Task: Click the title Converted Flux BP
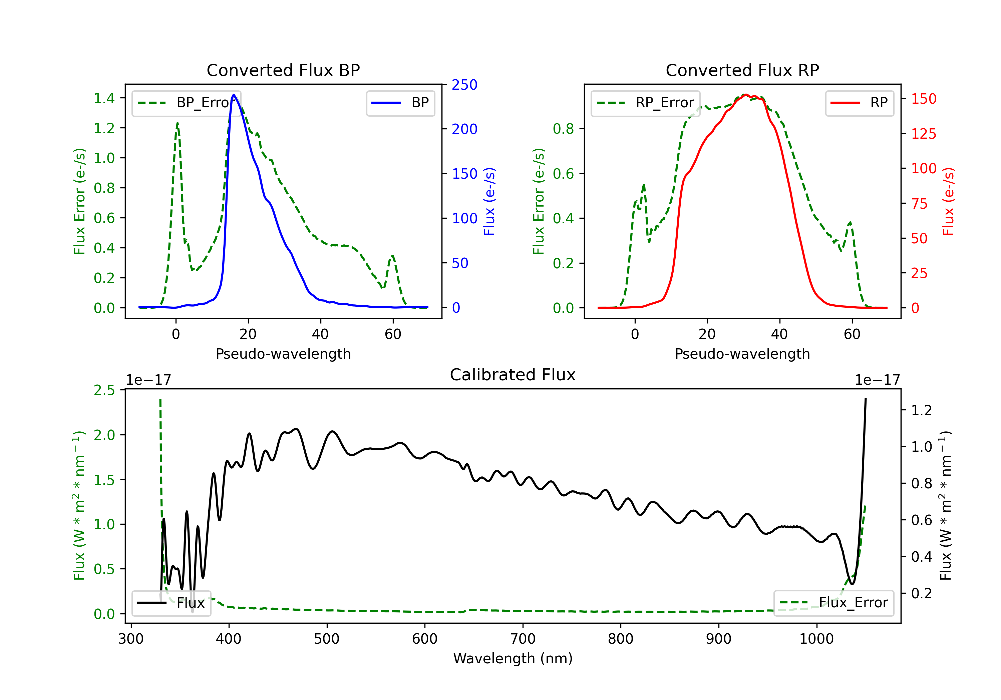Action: [x=283, y=70]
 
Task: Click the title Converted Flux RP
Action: [x=742, y=70]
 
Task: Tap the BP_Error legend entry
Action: [x=186, y=103]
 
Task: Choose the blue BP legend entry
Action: [x=400, y=103]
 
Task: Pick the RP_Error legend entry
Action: [x=645, y=103]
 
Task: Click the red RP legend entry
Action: [x=859, y=103]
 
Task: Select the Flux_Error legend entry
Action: [x=833, y=603]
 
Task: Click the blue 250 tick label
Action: [x=464, y=85]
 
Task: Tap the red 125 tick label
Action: [x=923, y=134]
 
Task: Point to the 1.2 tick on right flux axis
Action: [x=922, y=410]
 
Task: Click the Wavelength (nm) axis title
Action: [x=513, y=659]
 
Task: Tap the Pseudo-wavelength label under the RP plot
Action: [x=742, y=354]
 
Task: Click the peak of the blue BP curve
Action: [x=234, y=95]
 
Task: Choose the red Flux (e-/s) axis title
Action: [x=948, y=202]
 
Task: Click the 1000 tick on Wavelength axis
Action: [x=816, y=639]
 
